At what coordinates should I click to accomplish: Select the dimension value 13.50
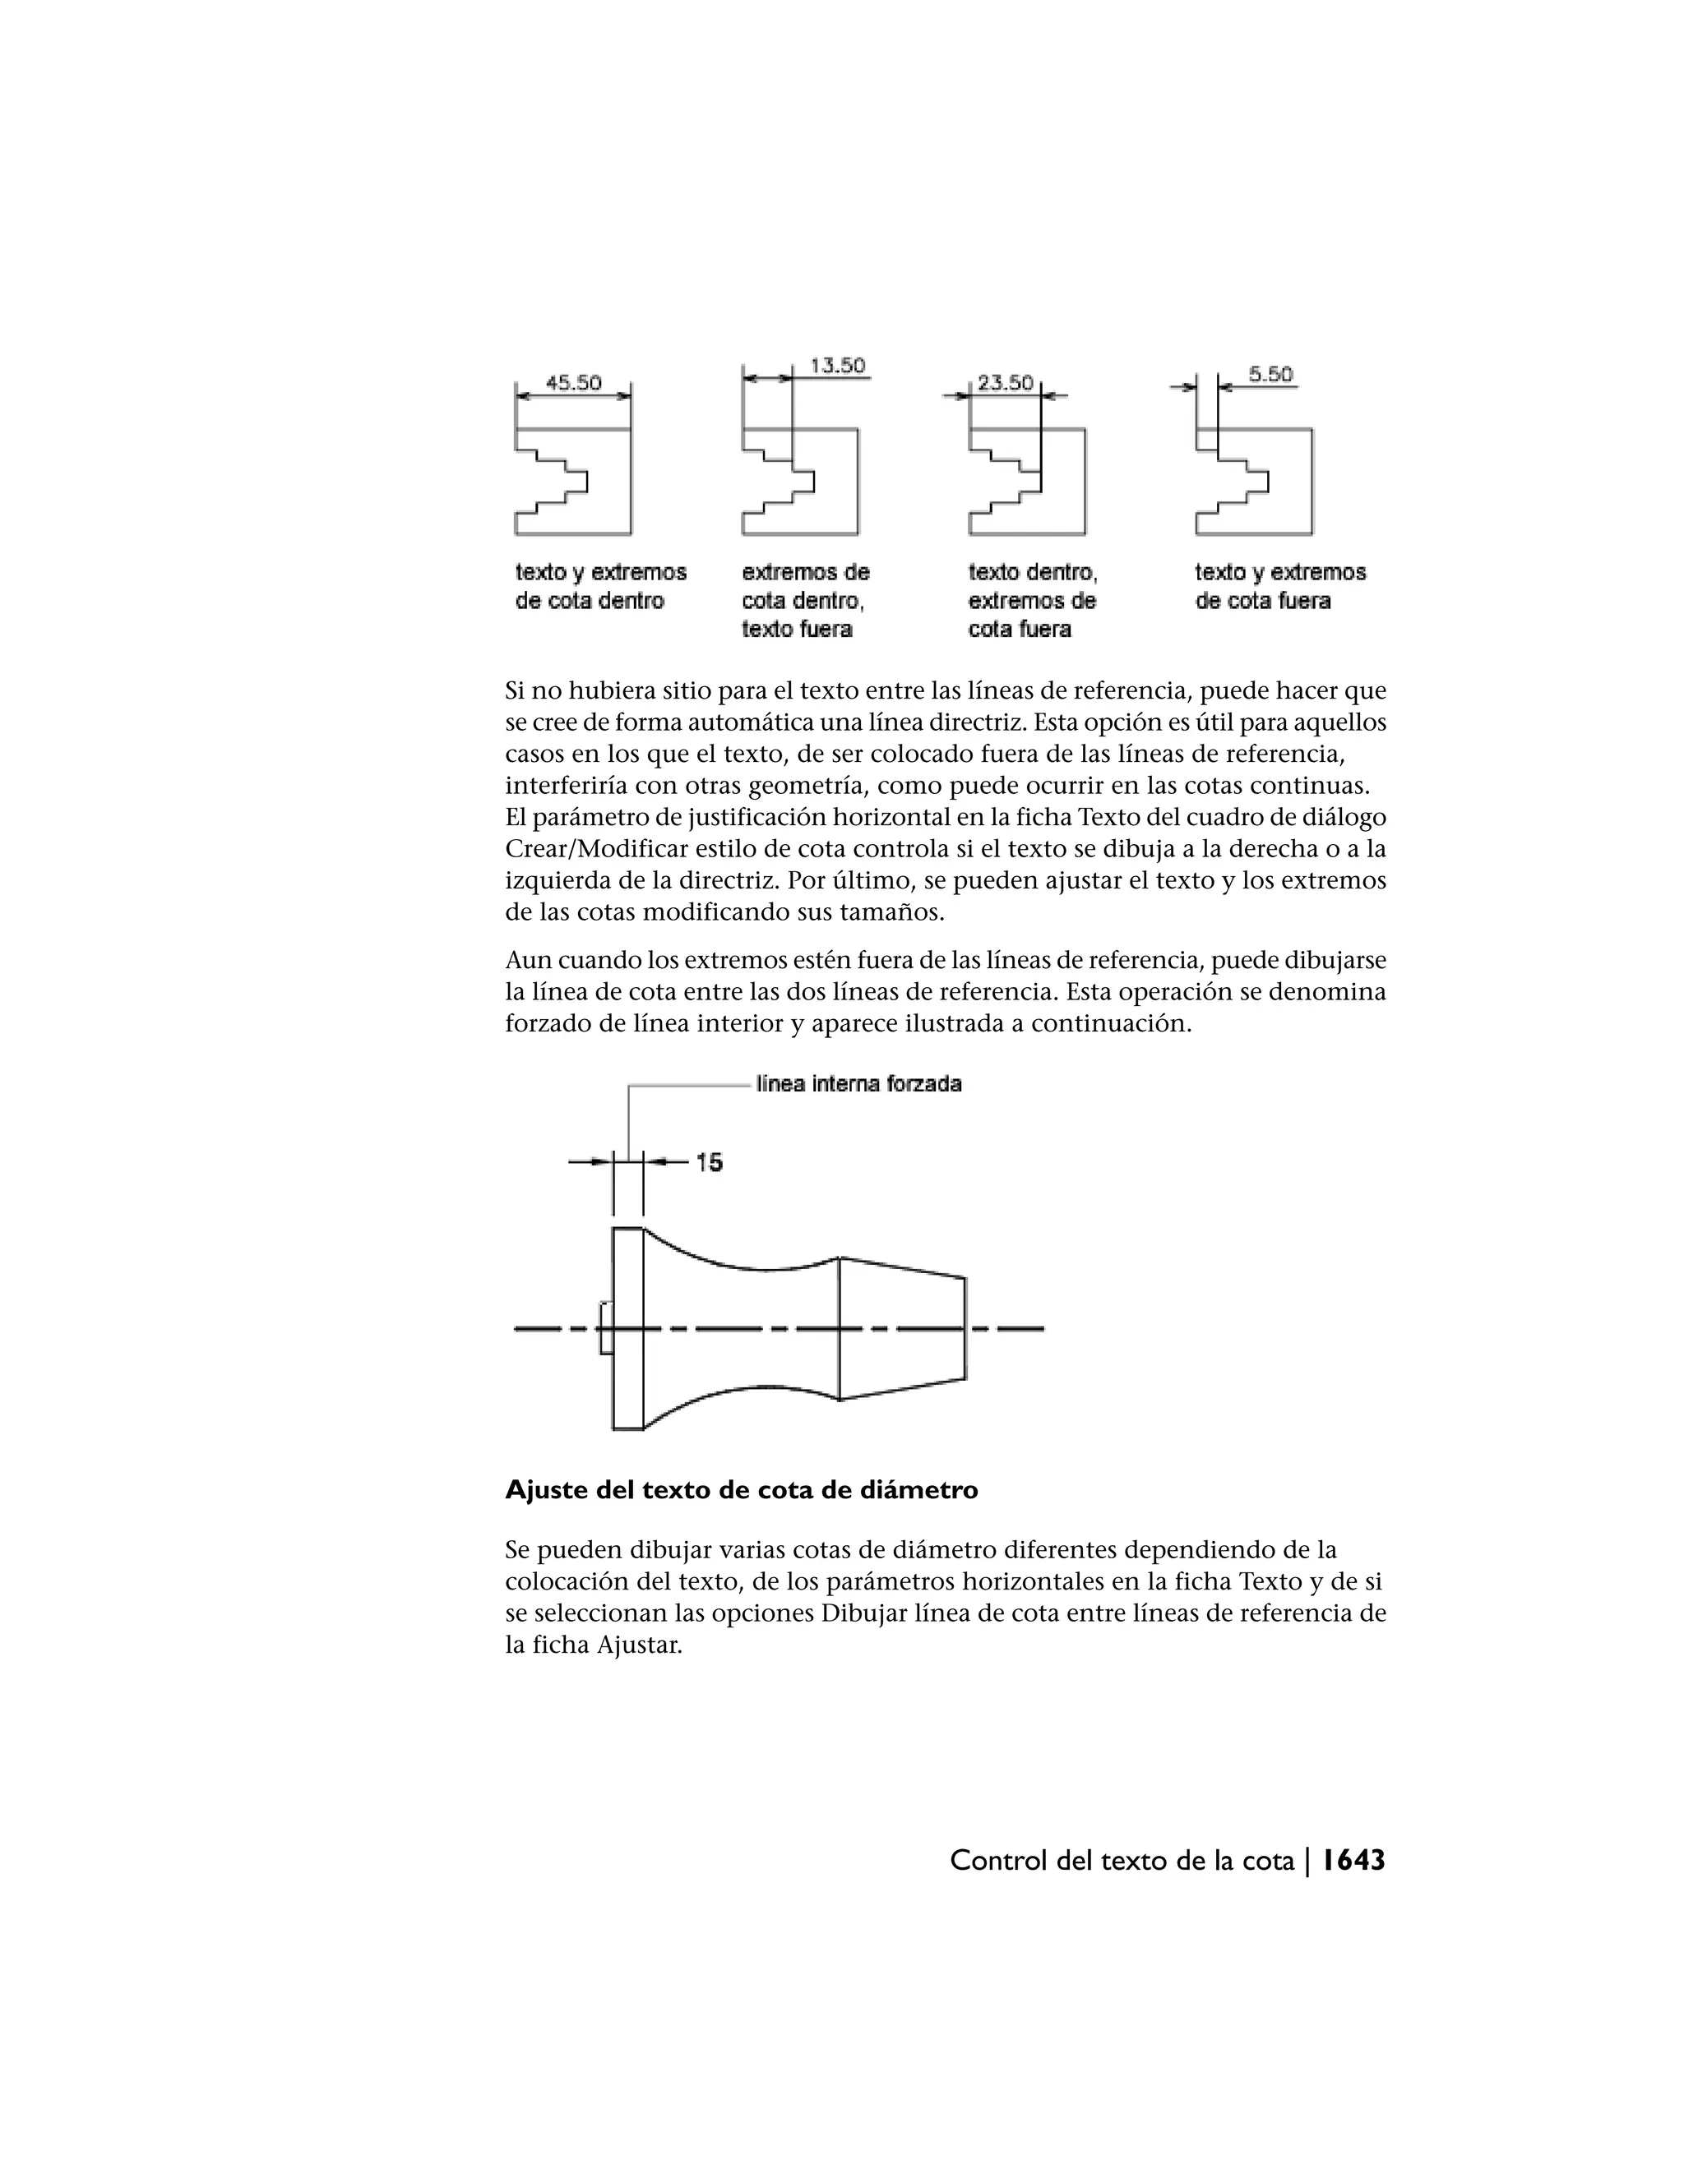click(x=837, y=366)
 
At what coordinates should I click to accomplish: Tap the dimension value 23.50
click(x=1005, y=383)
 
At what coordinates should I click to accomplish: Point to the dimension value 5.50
click(x=1270, y=375)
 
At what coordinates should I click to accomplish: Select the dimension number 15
click(x=710, y=1162)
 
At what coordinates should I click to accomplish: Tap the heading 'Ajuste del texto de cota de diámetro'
click(x=741, y=1490)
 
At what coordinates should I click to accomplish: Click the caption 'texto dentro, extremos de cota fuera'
click(x=1032, y=600)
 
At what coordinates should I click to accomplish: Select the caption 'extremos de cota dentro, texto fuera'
click(x=804, y=600)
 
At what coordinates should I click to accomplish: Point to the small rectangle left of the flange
click(x=605, y=1328)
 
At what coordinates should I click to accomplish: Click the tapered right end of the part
click(x=903, y=1328)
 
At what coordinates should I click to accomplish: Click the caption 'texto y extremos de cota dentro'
click(x=600, y=586)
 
